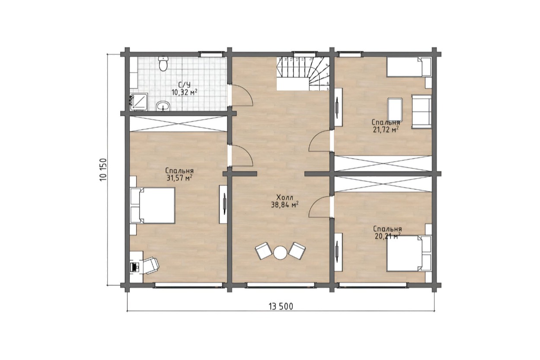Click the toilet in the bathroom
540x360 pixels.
click(x=163, y=64)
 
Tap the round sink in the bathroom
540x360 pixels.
click(x=163, y=106)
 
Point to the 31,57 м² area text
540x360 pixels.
click(x=179, y=178)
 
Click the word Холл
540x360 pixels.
click(x=285, y=198)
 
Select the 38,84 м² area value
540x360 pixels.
click(x=285, y=205)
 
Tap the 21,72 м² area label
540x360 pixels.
click(x=384, y=130)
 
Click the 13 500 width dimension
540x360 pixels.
click(x=281, y=306)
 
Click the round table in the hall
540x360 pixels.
click(x=280, y=253)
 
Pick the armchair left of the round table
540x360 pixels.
click(x=263, y=251)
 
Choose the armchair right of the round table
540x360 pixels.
click(x=297, y=251)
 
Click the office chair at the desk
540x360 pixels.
click(x=151, y=265)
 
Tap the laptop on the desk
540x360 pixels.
click(x=134, y=267)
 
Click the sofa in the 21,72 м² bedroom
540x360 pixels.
click(x=422, y=112)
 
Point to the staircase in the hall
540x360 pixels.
click(x=303, y=73)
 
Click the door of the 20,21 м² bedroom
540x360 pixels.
click(x=320, y=207)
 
